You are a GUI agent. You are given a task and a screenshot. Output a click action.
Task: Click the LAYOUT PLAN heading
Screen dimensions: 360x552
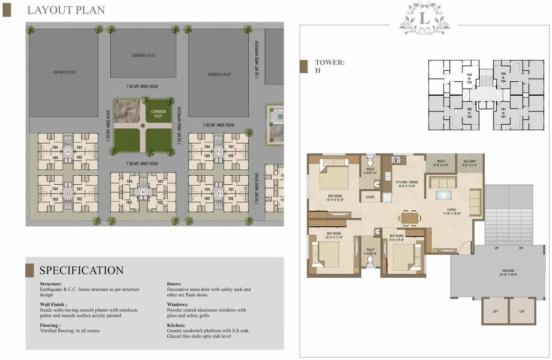[66, 10]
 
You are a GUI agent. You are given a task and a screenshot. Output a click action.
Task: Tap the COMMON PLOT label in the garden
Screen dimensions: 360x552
[158, 114]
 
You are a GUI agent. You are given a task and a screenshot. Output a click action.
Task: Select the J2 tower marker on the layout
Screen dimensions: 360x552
[68, 151]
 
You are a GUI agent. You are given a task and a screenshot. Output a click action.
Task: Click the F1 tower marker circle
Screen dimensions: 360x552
[219, 193]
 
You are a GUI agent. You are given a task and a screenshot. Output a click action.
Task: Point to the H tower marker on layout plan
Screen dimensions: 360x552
[143, 192]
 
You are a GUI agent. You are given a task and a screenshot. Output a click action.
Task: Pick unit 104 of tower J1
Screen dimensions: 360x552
[55, 188]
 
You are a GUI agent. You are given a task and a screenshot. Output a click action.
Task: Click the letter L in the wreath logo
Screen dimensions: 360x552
[424, 19]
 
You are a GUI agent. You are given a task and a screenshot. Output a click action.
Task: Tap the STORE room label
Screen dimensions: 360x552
[370, 196]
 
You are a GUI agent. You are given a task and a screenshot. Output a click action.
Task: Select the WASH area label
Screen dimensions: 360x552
[441, 163]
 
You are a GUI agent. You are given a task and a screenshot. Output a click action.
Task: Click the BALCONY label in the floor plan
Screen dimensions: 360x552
[469, 163]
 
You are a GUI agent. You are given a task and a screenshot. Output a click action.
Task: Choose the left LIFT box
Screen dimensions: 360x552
[495, 311]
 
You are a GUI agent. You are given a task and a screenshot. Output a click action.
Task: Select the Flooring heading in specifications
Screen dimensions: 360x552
[50, 325]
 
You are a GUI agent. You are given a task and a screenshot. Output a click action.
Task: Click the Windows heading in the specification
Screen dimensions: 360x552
[177, 304]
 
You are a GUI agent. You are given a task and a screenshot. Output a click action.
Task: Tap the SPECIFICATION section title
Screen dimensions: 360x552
[81, 271]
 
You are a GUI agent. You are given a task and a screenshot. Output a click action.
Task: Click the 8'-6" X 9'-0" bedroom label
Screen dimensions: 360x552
[396, 238]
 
